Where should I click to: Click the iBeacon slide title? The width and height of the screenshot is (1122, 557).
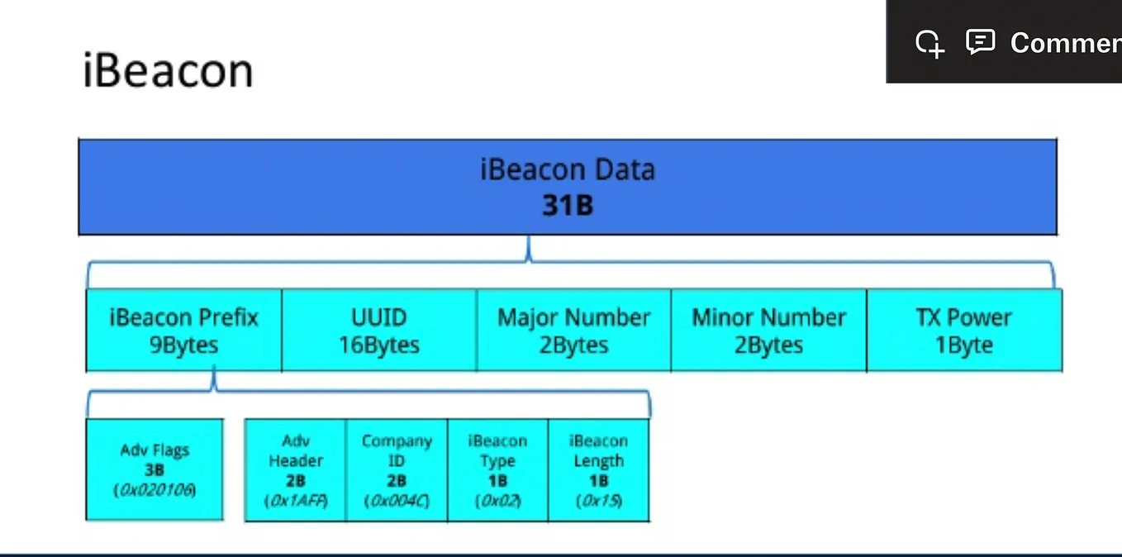(168, 70)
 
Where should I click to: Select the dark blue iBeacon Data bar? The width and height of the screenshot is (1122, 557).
(568, 187)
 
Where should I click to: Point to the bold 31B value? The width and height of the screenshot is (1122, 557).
(568, 206)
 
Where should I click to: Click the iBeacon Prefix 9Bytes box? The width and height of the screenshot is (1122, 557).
(183, 331)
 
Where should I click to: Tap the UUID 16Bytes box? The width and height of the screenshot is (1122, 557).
(379, 331)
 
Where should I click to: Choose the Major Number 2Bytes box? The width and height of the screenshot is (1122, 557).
(574, 331)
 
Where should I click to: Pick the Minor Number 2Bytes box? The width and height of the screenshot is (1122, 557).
(769, 331)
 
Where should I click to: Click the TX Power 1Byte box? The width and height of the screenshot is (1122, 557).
(964, 331)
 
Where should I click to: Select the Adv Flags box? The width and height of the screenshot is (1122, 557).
(155, 469)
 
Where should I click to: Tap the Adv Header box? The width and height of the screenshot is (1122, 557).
(296, 470)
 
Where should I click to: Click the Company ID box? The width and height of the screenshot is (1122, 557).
(397, 470)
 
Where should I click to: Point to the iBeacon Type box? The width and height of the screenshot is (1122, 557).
(498, 470)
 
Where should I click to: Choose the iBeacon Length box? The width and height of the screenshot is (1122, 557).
(599, 470)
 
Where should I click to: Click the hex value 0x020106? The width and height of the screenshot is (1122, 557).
(155, 489)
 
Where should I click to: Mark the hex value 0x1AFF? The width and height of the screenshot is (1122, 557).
(296, 501)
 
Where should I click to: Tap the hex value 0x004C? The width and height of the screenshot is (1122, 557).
(397, 501)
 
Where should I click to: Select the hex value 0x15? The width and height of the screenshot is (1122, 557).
(599, 501)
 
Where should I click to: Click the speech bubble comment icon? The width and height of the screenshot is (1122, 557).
(980, 42)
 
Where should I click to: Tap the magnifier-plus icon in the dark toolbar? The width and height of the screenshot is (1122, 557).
(929, 44)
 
